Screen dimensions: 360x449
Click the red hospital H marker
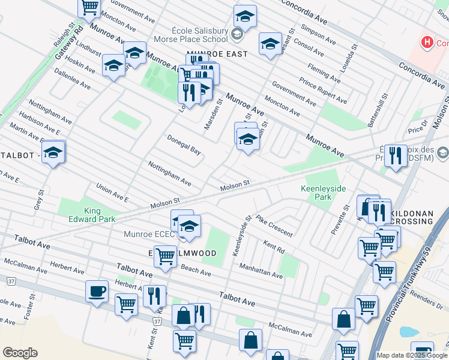pyautogui.click(x=427, y=43)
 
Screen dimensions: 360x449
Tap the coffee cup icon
pyautogui.click(x=97, y=292)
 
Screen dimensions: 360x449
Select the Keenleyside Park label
pyautogui.click(x=324, y=193)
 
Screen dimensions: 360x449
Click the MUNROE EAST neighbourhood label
pyautogui.click(x=217, y=54)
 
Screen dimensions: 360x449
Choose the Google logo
pyautogui.click(x=20, y=353)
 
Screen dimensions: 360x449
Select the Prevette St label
pyautogui.click(x=340, y=220)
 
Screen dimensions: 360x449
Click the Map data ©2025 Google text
pyautogui.click(x=411, y=355)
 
